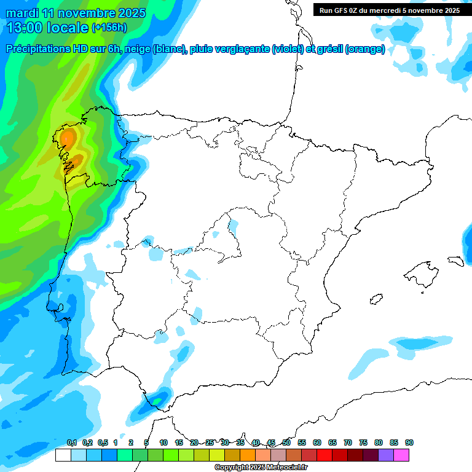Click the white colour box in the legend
coord(63,455)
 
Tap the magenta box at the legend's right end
coord(401,455)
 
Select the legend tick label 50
coord(286,442)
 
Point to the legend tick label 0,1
coord(72,442)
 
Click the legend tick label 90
coord(409,442)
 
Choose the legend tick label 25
coord(210,442)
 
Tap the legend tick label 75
coord(363,442)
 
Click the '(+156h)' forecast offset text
coord(110,28)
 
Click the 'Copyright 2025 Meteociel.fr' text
coord(261,468)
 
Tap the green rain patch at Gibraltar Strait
coord(159,399)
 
